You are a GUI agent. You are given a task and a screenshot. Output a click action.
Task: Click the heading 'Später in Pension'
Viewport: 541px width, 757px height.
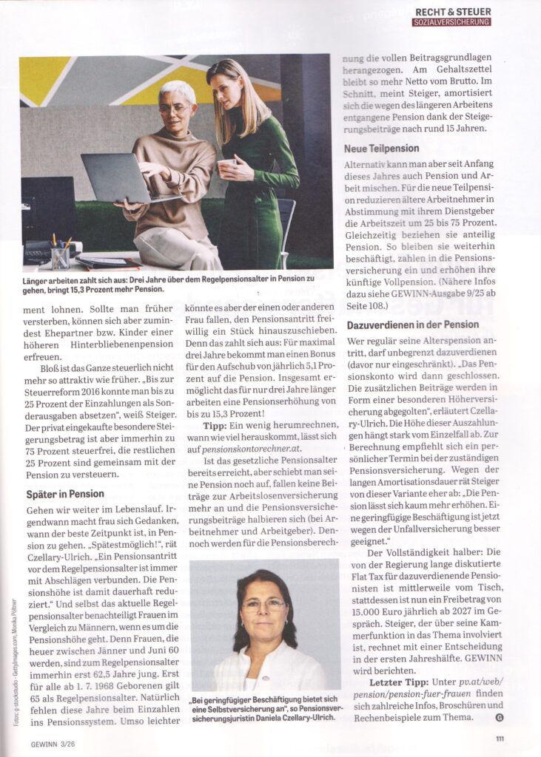(64, 494)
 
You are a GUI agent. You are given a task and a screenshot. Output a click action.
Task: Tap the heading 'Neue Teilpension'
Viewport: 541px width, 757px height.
(382, 148)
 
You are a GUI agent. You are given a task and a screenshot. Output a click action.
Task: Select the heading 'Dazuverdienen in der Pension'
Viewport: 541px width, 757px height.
(413, 325)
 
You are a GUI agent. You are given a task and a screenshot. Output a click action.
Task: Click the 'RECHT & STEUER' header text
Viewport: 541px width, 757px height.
(451, 11)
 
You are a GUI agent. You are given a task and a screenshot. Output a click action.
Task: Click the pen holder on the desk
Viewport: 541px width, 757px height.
(59, 256)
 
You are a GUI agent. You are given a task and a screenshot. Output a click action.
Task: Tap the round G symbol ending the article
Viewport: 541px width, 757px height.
(498, 716)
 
